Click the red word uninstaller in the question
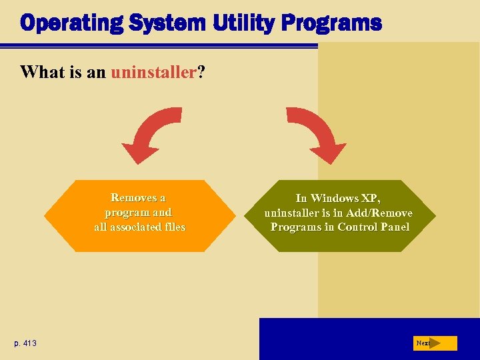pyautogui.click(x=152, y=72)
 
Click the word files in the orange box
pyautogui.click(x=173, y=227)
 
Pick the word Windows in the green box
pyautogui.click(x=337, y=198)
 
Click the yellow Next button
pyautogui.click(x=435, y=343)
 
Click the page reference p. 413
pyautogui.click(x=25, y=343)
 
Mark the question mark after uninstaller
pyautogui.click(x=199, y=72)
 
